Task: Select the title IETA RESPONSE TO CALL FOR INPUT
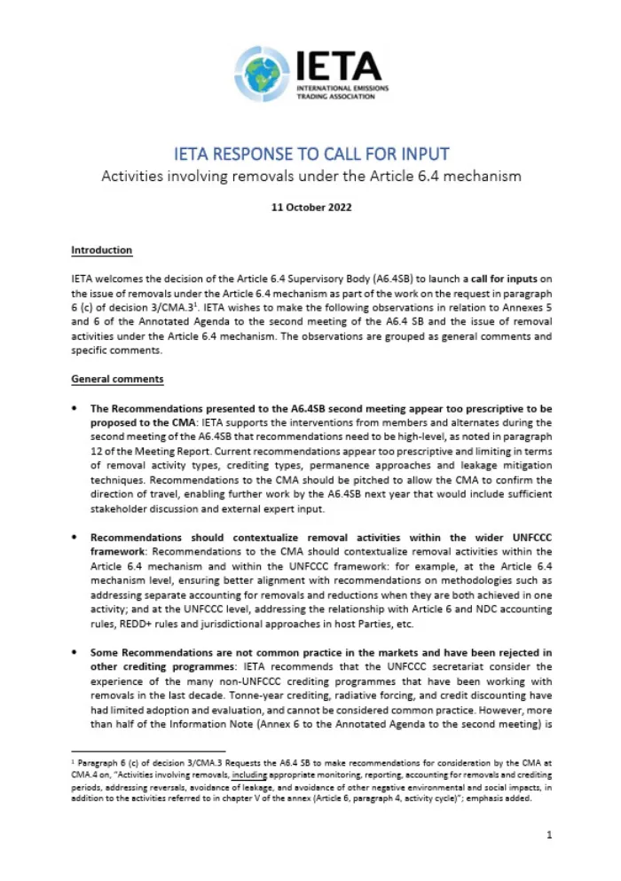point(310,153)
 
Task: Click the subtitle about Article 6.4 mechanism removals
point(310,176)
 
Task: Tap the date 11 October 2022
point(310,208)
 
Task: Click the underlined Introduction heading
point(101,250)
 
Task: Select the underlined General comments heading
point(117,380)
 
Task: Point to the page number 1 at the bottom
point(550,835)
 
